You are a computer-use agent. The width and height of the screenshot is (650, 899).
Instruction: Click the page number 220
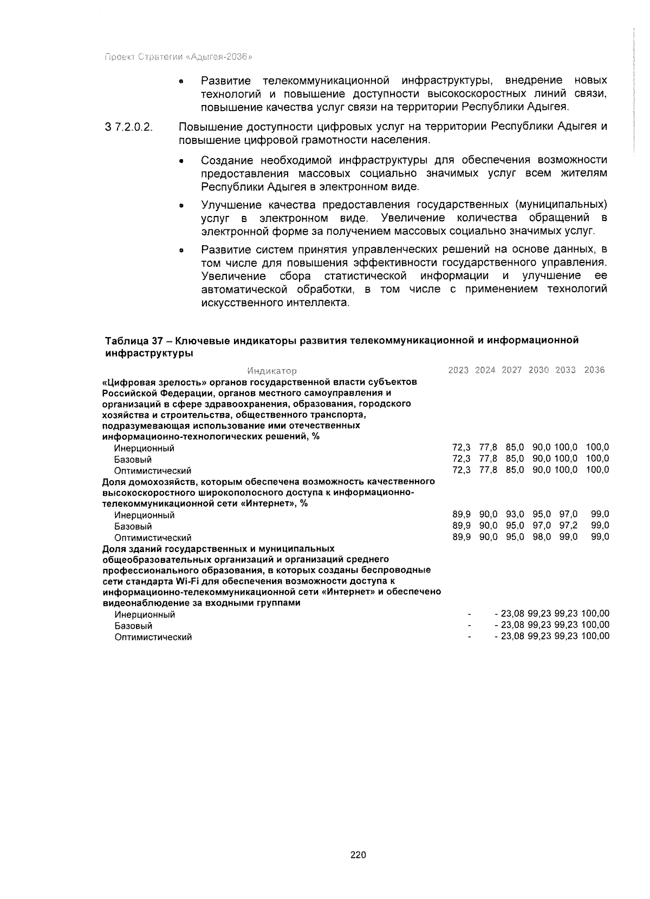point(358,855)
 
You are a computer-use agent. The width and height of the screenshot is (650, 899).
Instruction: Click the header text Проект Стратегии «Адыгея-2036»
point(179,57)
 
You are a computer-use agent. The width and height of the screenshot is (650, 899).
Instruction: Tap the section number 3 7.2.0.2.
point(129,128)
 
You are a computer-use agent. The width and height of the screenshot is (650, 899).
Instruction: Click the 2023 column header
point(459,370)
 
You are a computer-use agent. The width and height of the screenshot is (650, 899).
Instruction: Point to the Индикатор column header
point(272,371)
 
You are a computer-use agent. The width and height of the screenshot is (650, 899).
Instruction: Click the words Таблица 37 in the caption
point(134,340)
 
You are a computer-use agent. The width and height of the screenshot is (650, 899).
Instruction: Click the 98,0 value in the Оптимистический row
point(541,537)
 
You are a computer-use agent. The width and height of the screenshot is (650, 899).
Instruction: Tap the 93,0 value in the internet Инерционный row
point(515,514)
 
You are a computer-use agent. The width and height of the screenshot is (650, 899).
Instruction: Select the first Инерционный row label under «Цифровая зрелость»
point(144,448)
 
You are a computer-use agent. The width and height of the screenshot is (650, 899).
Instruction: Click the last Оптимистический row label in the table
point(153,637)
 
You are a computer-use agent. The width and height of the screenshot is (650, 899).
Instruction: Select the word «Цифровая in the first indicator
point(124,382)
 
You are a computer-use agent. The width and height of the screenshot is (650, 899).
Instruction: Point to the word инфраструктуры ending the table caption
point(148,353)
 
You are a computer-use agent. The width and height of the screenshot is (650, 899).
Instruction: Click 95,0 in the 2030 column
point(541,514)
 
